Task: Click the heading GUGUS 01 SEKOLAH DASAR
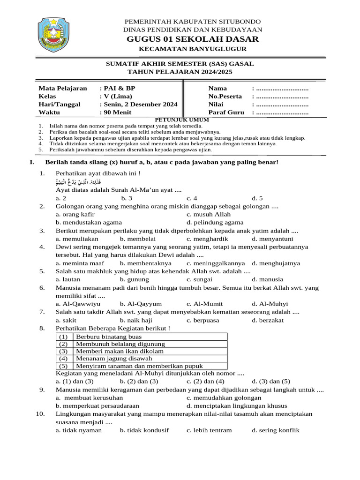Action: [192, 39]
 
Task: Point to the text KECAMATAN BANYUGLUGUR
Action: [192, 49]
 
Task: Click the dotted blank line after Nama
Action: [280, 88]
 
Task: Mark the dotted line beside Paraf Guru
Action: [280, 112]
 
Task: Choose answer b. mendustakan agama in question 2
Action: [89, 223]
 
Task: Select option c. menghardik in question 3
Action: [207, 239]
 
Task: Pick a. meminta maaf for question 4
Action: [77, 263]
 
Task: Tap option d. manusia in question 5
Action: [267, 279]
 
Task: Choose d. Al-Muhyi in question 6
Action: [270, 304]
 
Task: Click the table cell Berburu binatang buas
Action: [102, 337]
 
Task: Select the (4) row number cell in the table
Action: [64, 359]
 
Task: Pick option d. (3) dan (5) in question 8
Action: [271, 381]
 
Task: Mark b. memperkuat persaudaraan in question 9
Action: [97, 406]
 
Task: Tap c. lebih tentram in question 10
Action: [209, 430]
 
